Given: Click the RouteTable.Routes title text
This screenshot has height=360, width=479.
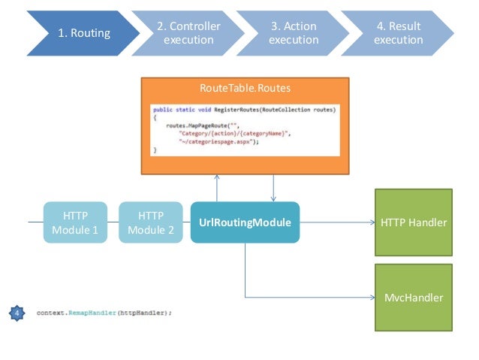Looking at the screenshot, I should pyautogui.click(x=245, y=89).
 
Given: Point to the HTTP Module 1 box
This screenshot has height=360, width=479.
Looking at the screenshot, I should pyautogui.click(x=74, y=222).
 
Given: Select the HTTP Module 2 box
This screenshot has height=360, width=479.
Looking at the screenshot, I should pyautogui.click(x=152, y=222).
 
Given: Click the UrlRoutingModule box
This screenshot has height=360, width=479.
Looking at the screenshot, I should pyautogui.click(x=245, y=222).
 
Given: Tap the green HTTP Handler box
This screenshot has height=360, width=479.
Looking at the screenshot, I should pyautogui.click(x=414, y=222).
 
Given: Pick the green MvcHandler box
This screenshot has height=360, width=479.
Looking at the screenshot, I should pyautogui.click(x=414, y=298).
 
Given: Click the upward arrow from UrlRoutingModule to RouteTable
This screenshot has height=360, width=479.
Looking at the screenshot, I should pyautogui.click(x=217, y=188).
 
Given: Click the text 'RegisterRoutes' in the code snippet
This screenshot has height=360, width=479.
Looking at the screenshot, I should pyautogui.click(x=217, y=110).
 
